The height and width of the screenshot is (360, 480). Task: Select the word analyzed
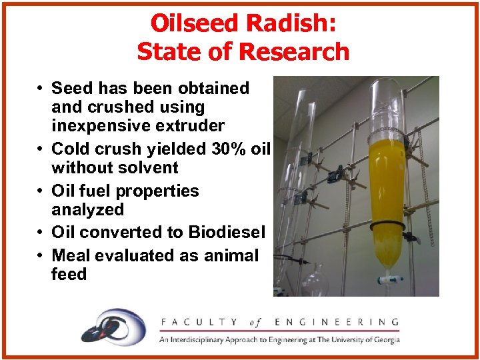[87, 209]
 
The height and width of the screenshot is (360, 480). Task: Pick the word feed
[69, 274]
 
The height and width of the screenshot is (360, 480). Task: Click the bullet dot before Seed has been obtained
[41, 89]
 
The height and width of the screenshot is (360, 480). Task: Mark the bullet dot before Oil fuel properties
[41, 191]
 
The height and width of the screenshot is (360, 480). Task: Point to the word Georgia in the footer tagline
[385, 339]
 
